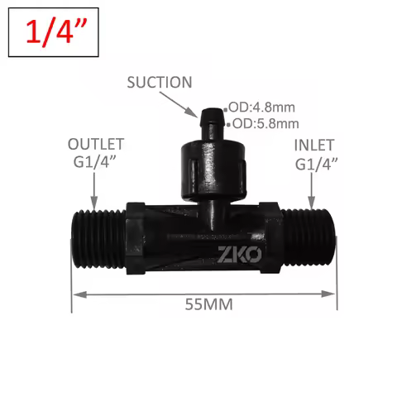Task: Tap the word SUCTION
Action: tap(159, 82)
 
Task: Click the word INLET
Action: tap(315, 145)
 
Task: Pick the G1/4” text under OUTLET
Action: tap(94, 163)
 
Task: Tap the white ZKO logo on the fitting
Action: tap(239, 253)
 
